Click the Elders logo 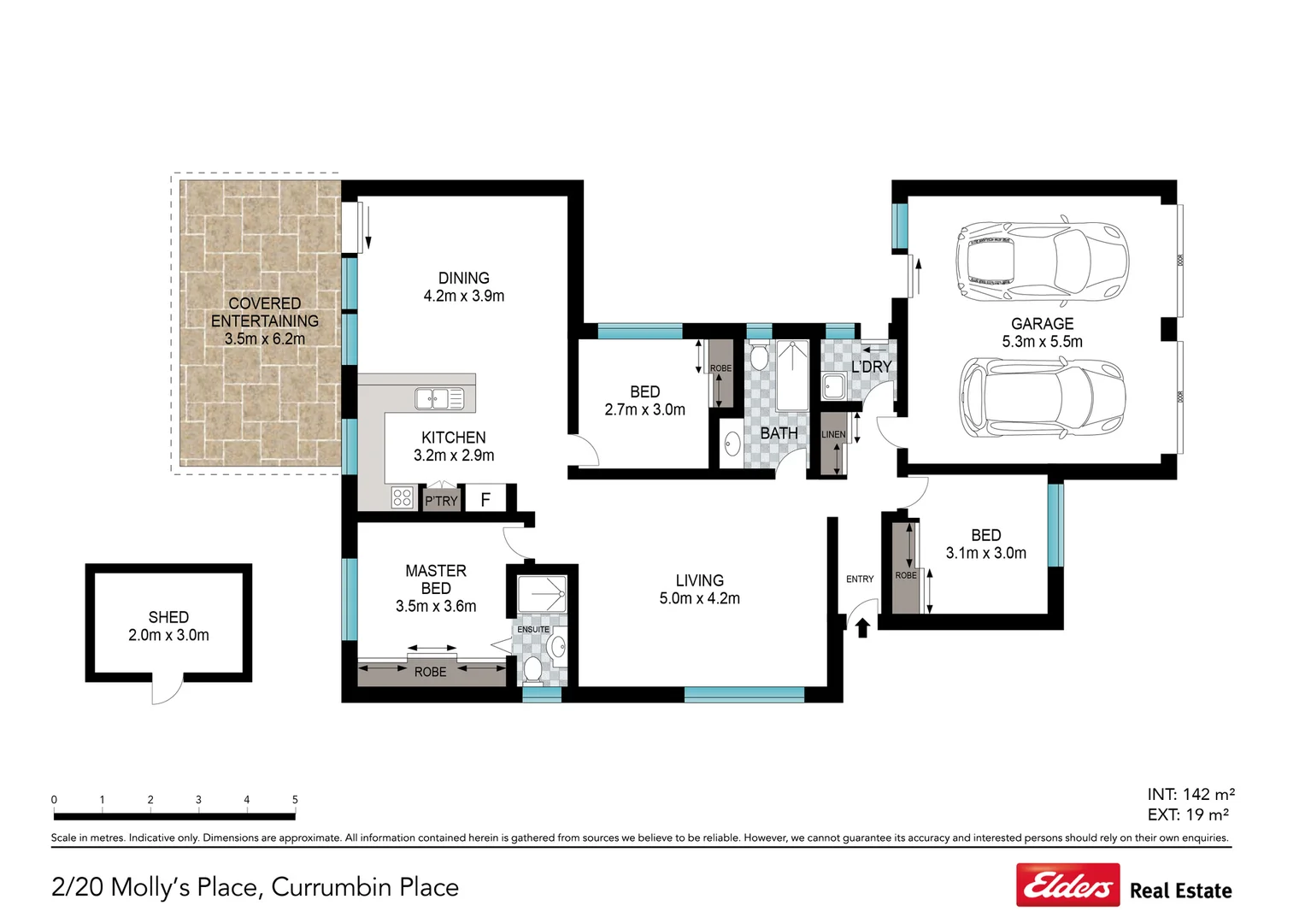[1067, 885]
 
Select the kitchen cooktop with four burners [402, 497]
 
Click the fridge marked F [485, 499]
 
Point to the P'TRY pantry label [441, 501]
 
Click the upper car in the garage [1042, 262]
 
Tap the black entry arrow [862, 628]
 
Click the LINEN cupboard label [833, 434]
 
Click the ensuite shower [542, 592]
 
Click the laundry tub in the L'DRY [833, 386]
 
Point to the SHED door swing [168, 690]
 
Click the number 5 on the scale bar [295, 800]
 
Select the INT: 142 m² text [1190, 794]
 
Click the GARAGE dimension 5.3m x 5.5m [1042, 342]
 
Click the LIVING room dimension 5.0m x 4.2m [699, 599]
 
